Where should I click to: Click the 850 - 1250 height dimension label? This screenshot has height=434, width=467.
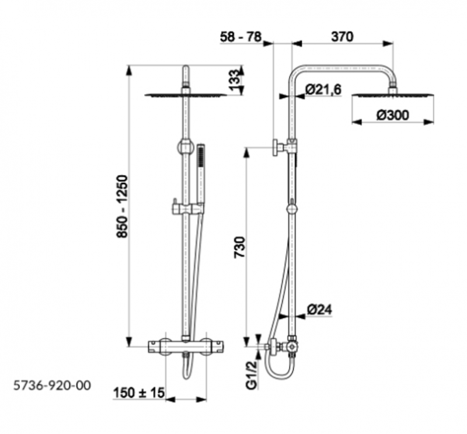click(x=123, y=206)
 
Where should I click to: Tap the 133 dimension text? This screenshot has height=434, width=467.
click(x=234, y=80)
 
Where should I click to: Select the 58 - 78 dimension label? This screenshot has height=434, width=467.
click(x=241, y=37)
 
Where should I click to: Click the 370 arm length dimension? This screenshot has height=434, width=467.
click(x=342, y=37)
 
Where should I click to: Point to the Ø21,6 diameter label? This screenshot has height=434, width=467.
click(x=323, y=89)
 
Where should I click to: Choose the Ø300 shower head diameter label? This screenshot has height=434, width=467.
click(x=392, y=115)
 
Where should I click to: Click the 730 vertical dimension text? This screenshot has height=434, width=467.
click(x=239, y=247)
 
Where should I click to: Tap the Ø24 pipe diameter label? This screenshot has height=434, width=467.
click(x=319, y=310)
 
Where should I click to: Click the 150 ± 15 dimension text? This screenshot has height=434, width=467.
click(x=139, y=393)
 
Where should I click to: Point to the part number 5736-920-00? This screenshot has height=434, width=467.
click(x=52, y=386)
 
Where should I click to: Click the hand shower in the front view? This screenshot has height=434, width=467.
click(x=201, y=175)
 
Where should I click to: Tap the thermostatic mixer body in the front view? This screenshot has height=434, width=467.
click(x=186, y=347)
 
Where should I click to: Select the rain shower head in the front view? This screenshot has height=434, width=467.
click(x=186, y=95)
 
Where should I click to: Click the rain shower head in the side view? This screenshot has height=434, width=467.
click(x=392, y=95)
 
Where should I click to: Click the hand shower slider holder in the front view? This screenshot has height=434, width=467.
click(x=187, y=207)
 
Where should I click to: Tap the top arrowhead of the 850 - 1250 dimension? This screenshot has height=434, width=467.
click(x=129, y=71)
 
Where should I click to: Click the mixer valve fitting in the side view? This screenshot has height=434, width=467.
click(x=292, y=347)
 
